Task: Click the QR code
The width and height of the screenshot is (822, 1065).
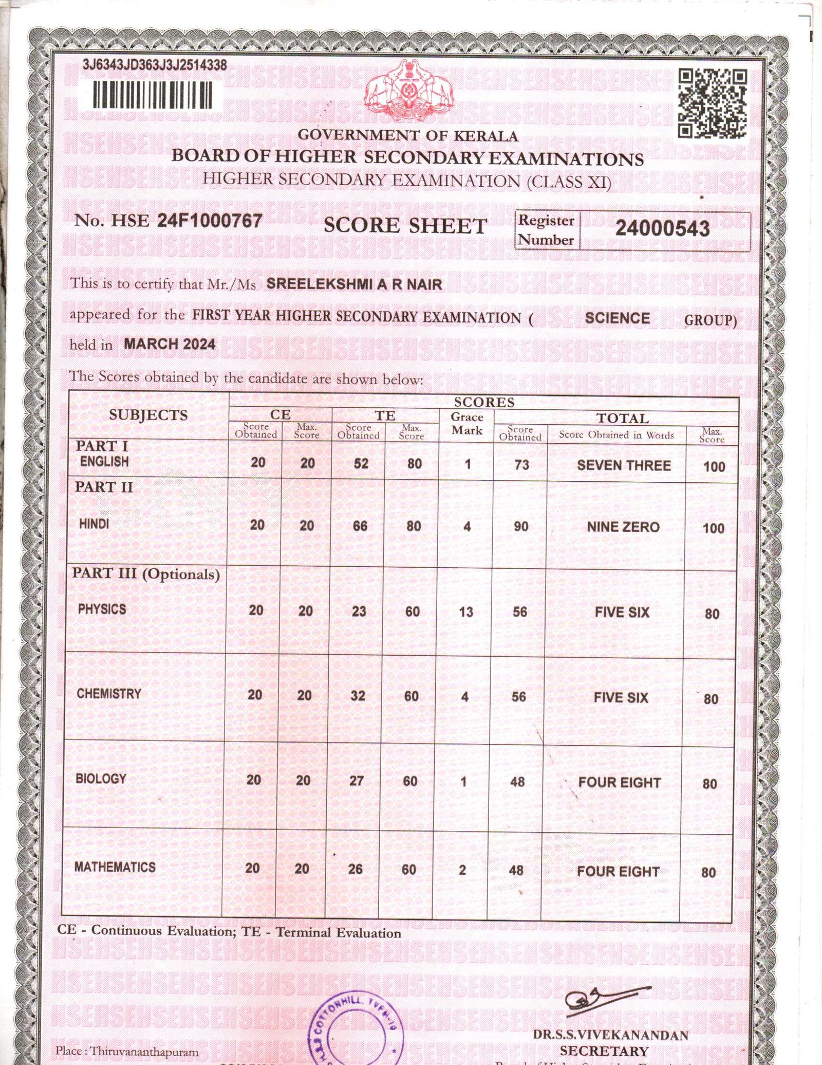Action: (712, 104)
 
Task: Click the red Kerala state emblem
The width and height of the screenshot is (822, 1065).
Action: (409, 90)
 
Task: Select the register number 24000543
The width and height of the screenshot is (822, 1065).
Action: (663, 228)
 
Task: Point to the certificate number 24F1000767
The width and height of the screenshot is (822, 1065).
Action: (210, 221)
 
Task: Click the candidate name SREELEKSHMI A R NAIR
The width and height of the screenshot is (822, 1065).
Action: (354, 284)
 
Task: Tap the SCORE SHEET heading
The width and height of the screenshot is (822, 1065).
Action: (405, 226)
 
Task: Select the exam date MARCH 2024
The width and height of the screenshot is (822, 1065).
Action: (170, 344)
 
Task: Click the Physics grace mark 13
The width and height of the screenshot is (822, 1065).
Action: (466, 612)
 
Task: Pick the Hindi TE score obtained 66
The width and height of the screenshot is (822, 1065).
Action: (360, 526)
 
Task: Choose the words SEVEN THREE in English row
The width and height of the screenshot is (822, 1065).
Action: (624, 465)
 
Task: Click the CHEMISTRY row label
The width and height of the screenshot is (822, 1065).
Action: (109, 694)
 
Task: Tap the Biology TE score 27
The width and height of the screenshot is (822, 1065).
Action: (357, 781)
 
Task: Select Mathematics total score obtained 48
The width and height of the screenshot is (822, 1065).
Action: (516, 870)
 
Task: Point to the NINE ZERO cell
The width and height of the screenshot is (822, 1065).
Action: (623, 527)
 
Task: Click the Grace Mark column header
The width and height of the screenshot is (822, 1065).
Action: (467, 424)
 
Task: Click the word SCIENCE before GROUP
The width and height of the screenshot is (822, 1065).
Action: (617, 318)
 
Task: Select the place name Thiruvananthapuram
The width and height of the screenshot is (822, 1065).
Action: (144, 1052)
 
